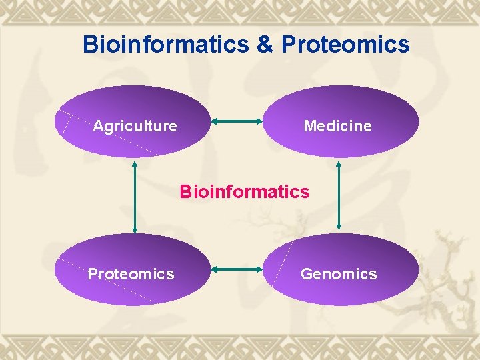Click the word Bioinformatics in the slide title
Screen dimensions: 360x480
pyautogui.click(x=164, y=45)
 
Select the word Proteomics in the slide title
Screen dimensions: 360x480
pyautogui.click(x=345, y=45)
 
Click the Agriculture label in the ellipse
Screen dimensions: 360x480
pyautogui.click(x=135, y=126)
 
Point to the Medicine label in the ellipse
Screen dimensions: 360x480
pyautogui.click(x=337, y=126)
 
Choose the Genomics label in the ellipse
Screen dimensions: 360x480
pyautogui.click(x=339, y=274)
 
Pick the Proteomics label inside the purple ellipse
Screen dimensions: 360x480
pyautogui.click(x=131, y=274)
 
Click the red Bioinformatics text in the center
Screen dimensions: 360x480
pyautogui.click(x=244, y=192)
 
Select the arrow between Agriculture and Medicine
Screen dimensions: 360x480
pyautogui.click(x=237, y=121)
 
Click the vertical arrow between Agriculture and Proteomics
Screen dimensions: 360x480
pyautogui.click(x=135, y=197)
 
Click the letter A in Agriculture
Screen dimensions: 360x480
pyautogui.click(x=98, y=126)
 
